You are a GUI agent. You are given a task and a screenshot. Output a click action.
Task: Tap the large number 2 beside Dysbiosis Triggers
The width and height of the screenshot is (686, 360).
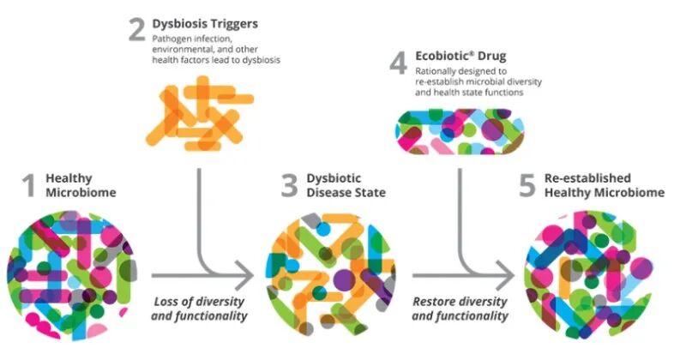(136, 30)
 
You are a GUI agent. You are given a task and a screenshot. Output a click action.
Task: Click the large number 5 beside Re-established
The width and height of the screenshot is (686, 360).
(529, 185)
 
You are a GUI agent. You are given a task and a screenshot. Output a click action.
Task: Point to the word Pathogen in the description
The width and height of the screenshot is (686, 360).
(171, 39)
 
